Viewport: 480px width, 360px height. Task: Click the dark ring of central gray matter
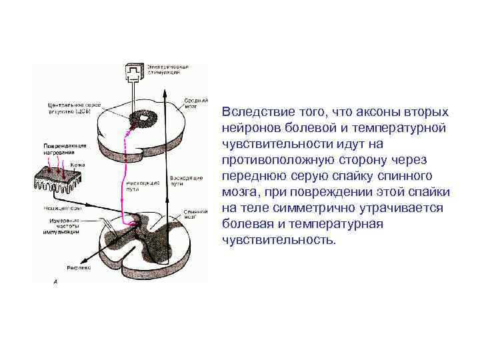tap(142, 119)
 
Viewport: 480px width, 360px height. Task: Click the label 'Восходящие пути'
tap(182, 181)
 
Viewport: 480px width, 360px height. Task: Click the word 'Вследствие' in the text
tap(257, 111)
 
